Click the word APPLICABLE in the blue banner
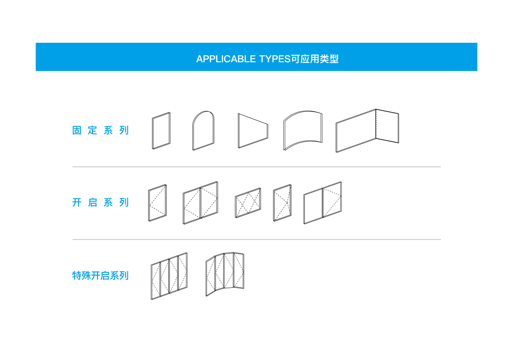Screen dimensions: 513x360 pyautogui.click(x=226, y=59)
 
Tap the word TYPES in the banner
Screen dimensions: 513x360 pyautogui.click(x=275, y=59)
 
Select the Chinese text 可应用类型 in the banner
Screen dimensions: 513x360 pyautogui.click(x=315, y=59)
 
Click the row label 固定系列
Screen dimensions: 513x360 pyautogui.click(x=100, y=130)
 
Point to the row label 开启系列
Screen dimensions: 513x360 pyautogui.click(x=100, y=202)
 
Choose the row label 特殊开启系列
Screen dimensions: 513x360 pyautogui.click(x=100, y=275)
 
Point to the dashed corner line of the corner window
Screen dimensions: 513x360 pyautogui.click(x=376, y=124)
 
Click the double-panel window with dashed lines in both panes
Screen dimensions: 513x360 pyautogui.click(x=200, y=203)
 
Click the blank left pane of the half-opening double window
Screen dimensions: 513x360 pyautogui.click(x=313, y=206)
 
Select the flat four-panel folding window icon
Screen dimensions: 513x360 pyautogui.click(x=169, y=276)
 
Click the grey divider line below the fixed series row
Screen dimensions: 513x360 pyautogui.click(x=256, y=167)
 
